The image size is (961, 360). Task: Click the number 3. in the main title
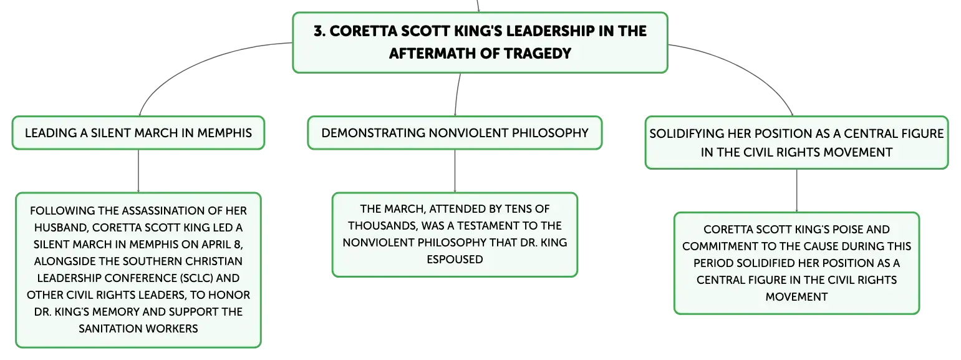click(x=320, y=31)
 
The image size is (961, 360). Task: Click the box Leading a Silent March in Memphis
click(x=138, y=133)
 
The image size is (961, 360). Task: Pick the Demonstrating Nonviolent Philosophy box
click(x=455, y=133)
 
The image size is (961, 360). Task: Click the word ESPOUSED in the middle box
click(x=455, y=259)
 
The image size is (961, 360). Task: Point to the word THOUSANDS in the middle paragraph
click(x=382, y=226)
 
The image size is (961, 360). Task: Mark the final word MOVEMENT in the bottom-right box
click(x=797, y=297)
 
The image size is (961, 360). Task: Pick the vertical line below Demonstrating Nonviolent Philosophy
click(x=455, y=171)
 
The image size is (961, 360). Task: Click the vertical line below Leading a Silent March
click(x=138, y=171)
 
